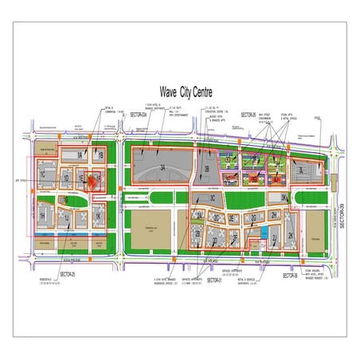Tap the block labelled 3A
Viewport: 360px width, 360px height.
[162, 168]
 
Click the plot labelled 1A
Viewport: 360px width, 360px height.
[80, 155]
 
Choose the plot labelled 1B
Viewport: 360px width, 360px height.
[101, 155]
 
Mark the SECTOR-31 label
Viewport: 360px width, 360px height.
[213, 280]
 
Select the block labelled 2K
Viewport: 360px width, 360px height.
[292, 236]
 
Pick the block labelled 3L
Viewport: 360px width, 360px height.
[301, 170]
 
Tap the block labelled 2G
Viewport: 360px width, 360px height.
[253, 218]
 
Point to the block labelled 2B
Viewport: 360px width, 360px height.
[198, 233]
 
